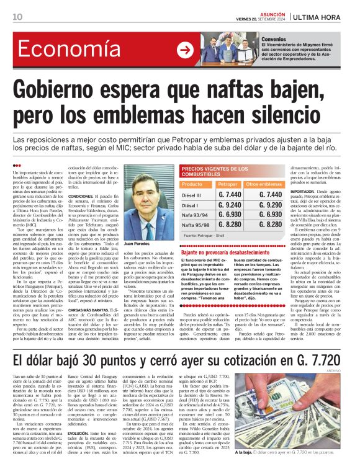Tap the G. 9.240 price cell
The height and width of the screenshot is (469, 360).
coord(230,204)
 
